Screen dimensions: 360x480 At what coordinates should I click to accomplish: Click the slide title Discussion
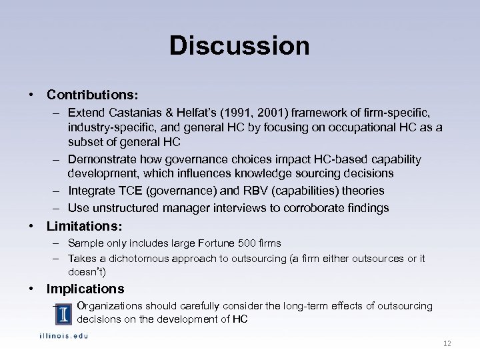click(x=239, y=46)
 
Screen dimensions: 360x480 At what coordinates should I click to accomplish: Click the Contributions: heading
click(x=92, y=96)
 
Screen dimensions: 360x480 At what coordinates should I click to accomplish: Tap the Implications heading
click(x=85, y=289)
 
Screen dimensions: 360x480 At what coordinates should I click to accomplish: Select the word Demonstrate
click(x=99, y=159)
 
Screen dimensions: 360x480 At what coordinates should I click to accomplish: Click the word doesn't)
click(x=87, y=271)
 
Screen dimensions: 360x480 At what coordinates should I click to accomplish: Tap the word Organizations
click(x=109, y=306)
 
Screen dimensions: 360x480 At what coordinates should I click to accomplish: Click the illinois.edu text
click(x=63, y=335)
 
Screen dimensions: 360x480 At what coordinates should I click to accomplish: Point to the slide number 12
click(x=447, y=343)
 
